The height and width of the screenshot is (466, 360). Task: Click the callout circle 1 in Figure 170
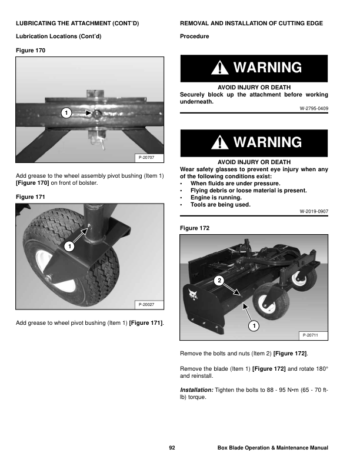point(66,113)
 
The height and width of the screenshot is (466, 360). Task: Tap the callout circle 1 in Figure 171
point(69,247)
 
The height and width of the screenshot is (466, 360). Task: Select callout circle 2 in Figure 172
point(219,281)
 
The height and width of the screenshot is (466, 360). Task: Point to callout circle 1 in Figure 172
point(254,326)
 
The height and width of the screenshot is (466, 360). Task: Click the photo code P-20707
point(146,158)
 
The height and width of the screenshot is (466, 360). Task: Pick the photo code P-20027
point(146,305)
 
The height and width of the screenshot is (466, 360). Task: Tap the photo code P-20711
point(311,335)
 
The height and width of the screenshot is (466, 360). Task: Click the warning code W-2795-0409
point(314,108)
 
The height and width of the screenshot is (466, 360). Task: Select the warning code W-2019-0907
point(314,212)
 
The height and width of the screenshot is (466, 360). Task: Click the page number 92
point(172,448)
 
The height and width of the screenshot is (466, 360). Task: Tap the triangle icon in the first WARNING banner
point(220,68)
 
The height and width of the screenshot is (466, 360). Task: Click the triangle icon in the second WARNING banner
point(220,142)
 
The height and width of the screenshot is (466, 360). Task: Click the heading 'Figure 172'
point(195,228)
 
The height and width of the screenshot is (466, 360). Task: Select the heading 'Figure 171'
point(31,197)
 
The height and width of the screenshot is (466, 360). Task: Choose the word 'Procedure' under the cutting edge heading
point(195,36)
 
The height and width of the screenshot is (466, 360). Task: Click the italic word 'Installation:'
point(196,390)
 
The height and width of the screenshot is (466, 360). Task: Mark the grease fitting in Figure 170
point(97,113)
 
